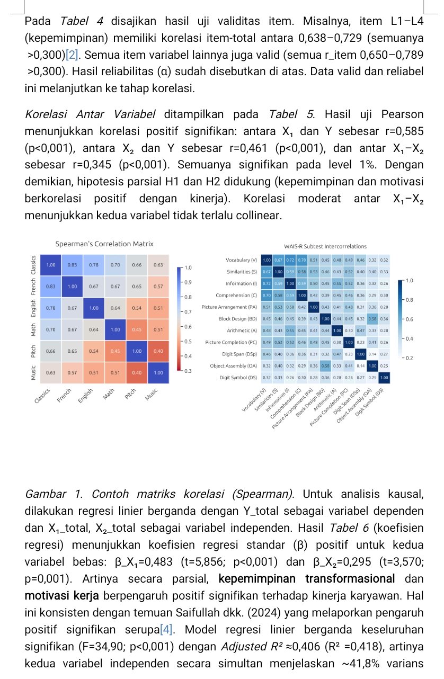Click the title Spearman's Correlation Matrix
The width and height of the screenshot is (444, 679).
[x=104, y=244]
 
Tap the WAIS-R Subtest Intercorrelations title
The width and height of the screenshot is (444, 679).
[x=325, y=246]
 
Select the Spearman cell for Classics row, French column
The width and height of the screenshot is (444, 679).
[x=72, y=264]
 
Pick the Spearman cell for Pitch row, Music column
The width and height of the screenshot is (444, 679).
[x=158, y=351]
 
